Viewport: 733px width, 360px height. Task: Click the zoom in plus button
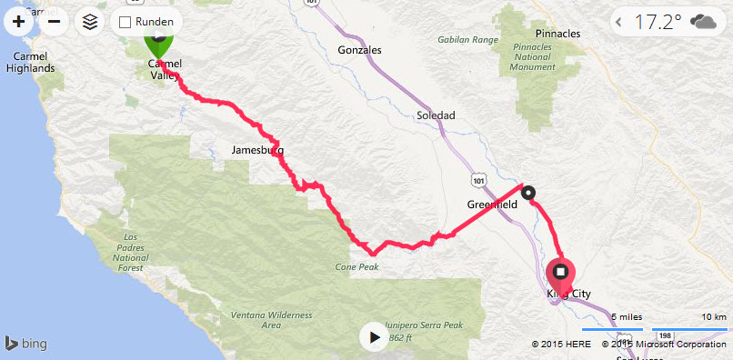coord(18,22)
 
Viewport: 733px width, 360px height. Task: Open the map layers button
coord(89,22)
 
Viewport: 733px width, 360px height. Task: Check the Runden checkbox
coord(126,22)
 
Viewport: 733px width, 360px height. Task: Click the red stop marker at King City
coord(560,273)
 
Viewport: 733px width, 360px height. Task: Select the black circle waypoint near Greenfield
coord(528,192)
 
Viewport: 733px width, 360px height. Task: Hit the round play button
coord(373,337)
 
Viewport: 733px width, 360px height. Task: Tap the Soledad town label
coord(435,115)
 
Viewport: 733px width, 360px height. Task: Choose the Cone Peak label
coord(356,266)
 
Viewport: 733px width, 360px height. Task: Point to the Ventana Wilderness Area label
coord(271,318)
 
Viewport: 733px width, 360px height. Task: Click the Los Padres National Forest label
coord(135,252)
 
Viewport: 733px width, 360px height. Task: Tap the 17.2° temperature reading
coord(659,22)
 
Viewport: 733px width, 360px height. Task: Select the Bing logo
coord(26,344)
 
